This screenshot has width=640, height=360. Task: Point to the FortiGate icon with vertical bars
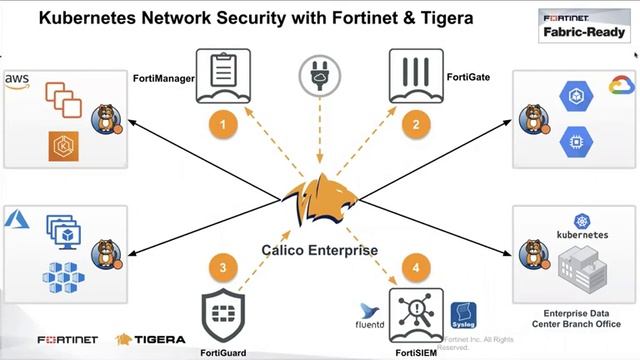(x=415, y=72)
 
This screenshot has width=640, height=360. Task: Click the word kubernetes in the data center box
(x=581, y=234)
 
